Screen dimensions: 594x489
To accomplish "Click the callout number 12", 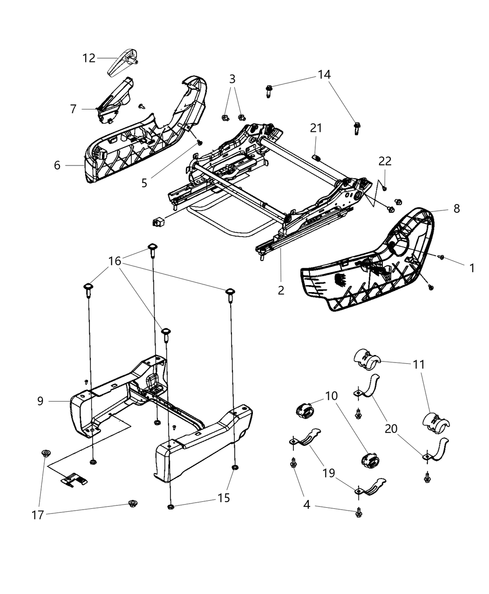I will (x=88, y=58).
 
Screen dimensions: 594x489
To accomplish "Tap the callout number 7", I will (x=73, y=109).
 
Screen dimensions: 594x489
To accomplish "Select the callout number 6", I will (x=57, y=165).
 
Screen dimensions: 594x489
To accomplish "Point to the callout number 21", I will (x=316, y=128).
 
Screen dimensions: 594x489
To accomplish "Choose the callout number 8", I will (x=456, y=208).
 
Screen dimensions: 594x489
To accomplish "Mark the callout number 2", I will (x=280, y=290).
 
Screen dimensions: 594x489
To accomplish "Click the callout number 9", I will (x=41, y=401).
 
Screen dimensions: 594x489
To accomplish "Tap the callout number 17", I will (x=38, y=515).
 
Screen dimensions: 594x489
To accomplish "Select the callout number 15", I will (x=224, y=498).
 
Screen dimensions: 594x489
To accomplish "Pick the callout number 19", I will (x=329, y=473).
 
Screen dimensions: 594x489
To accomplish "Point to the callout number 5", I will (x=144, y=183).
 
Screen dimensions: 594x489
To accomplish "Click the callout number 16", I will (x=115, y=261).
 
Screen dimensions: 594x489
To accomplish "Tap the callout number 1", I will (x=472, y=268).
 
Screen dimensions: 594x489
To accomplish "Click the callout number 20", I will (x=391, y=428).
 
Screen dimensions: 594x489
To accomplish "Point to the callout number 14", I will (x=324, y=74).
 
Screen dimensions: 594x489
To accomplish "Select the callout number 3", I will (x=232, y=79).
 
